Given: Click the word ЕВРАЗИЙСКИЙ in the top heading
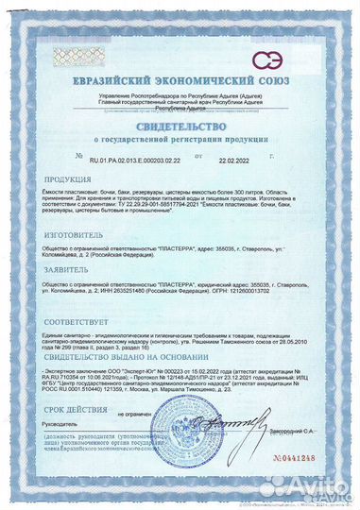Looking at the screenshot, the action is point(123,66).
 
